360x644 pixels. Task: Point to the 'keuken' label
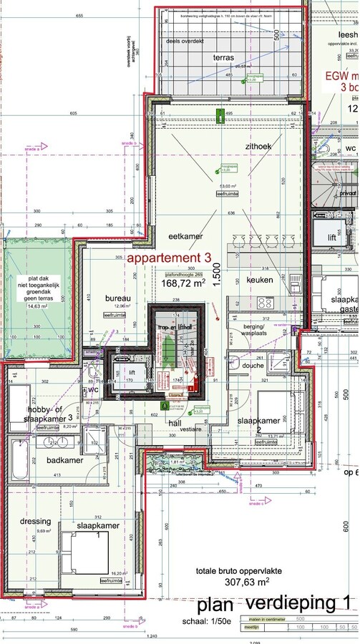[260, 280]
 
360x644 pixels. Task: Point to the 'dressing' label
[36, 521]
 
